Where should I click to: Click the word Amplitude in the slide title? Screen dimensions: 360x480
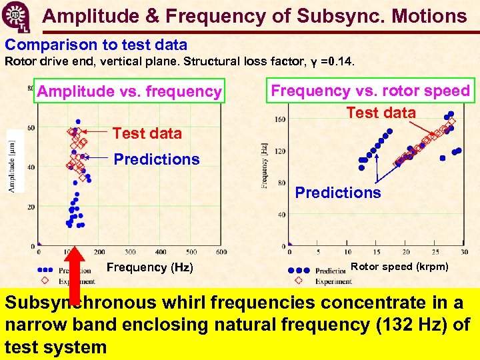[x=83, y=16]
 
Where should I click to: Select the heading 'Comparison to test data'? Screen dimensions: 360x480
[x=96, y=45]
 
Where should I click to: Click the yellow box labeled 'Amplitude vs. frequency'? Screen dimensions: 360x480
[x=129, y=91]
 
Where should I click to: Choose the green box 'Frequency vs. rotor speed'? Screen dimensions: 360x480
[x=370, y=91]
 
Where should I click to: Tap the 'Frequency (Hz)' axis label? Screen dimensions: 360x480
[x=150, y=267]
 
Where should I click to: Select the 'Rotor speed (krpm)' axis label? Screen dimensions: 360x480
[x=399, y=267]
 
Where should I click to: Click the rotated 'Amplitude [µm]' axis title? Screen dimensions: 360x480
[x=12, y=161]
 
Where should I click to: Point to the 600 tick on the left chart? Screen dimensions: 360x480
[x=222, y=252]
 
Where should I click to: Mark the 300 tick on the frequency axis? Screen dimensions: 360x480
[x=131, y=252]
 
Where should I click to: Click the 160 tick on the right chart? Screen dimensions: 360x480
[x=281, y=120]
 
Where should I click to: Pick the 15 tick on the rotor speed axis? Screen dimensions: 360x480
[x=377, y=252]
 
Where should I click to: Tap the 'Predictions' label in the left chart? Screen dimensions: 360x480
[x=156, y=159]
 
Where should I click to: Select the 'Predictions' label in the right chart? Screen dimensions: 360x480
[x=338, y=193]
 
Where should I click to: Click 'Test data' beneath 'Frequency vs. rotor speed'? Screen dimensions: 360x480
[x=381, y=113]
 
